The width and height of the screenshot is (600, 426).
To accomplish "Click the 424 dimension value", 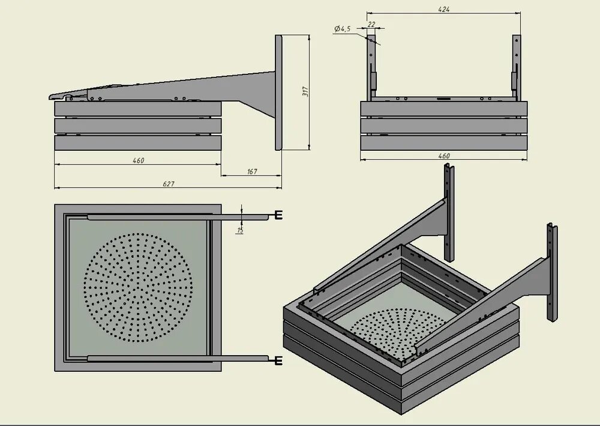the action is point(444,10).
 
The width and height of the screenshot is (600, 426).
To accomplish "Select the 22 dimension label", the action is point(371,24).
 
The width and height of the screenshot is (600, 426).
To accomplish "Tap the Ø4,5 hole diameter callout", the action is point(343,28).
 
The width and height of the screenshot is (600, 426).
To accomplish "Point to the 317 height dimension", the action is point(305,92).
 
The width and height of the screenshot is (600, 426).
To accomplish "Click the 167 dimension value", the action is point(252,172).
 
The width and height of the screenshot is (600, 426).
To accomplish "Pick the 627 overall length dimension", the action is point(169,184).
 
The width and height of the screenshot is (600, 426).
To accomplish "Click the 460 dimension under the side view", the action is point(138,160).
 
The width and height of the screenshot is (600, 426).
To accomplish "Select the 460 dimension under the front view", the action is point(444,156).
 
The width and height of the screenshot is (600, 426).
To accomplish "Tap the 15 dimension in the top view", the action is point(239,230).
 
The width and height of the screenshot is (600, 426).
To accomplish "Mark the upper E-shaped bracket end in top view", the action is point(278,215).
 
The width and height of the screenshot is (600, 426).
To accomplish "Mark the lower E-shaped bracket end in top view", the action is point(278,360).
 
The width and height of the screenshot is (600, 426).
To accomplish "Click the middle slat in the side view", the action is point(138,125).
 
